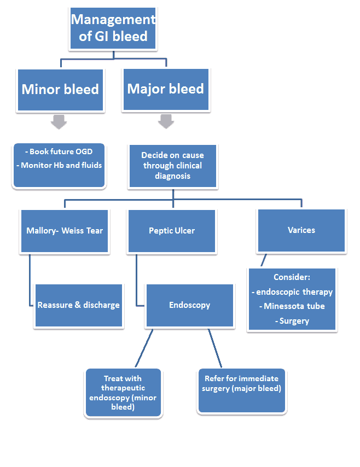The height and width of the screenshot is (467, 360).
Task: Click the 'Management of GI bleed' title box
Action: coord(113,28)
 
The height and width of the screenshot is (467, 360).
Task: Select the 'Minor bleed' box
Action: coord(60,90)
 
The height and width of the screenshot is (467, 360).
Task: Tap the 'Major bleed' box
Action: coord(165,89)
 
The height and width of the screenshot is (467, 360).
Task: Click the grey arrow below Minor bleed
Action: coord(59,121)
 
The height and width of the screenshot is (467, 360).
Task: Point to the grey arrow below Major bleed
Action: coord(166,121)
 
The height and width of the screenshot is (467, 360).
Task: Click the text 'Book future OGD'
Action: coord(59,151)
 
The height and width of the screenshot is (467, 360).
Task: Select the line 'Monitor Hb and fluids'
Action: coord(59,165)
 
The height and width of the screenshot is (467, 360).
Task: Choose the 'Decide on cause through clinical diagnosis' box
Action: coord(172,166)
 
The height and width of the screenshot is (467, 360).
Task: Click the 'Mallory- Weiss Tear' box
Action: coord(65,230)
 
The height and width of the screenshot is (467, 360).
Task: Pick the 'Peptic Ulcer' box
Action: coord(172,230)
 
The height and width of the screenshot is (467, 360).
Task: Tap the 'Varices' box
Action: coord(301,230)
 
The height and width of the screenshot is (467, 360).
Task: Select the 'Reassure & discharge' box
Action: coord(78,305)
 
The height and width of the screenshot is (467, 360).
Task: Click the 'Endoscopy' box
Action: coord(189,305)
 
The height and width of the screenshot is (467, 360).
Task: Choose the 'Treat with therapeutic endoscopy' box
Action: coord(123,393)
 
